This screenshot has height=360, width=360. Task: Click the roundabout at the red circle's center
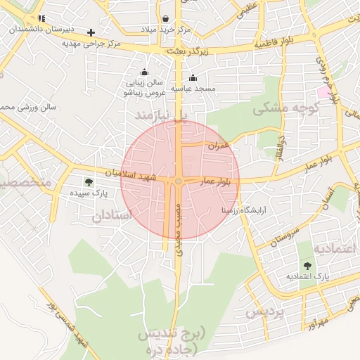179,181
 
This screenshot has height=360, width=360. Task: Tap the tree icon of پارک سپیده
88,182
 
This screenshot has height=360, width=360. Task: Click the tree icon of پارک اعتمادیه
307,265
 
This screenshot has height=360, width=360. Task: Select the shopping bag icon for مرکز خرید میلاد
165,18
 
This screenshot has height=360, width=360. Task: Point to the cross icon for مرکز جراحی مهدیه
91,32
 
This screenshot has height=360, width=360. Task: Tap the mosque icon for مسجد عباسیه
193,77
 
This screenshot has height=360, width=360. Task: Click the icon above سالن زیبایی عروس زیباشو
145,72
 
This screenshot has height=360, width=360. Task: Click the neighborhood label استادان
112,216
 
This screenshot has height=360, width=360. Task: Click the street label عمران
219,146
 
